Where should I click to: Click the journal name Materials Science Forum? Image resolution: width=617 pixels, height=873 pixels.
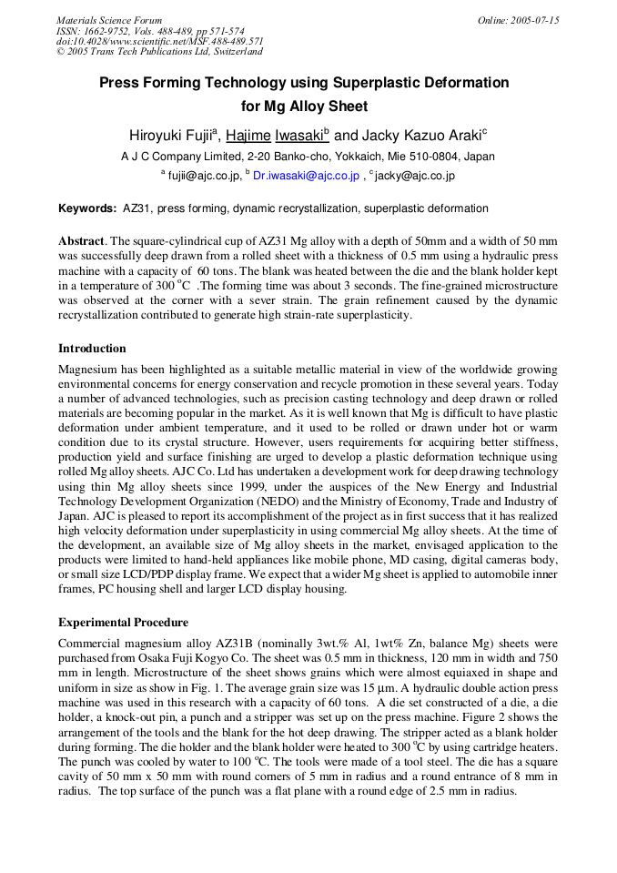pyautogui.click(x=109, y=20)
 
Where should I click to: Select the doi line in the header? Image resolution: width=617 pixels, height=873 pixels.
pyautogui.click(x=160, y=41)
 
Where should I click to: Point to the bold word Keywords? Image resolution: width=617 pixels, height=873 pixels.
pyautogui.click(x=87, y=208)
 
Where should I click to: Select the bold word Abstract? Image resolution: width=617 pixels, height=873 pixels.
pyautogui.click(x=82, y=241)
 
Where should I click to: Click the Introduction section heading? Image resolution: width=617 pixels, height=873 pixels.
pyautogui.click(x=92, y=349)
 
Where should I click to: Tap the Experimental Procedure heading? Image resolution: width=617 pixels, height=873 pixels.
pyautogui.click(x=123, y=623)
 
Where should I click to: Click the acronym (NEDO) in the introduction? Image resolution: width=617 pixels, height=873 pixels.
pyautogui.click(x=289, y=502)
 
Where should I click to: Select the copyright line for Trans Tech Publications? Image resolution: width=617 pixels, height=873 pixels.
pyautogui.click(x=159, y=52)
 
